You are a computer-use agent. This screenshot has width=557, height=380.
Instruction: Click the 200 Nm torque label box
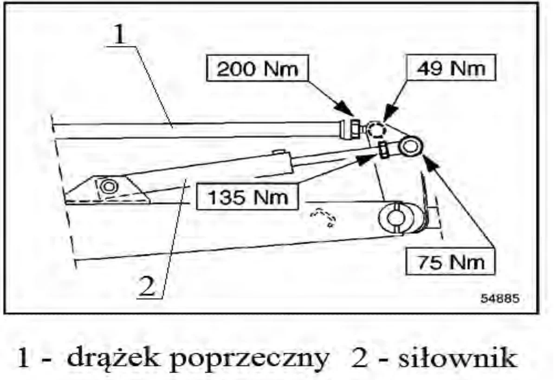(x=258, y=68)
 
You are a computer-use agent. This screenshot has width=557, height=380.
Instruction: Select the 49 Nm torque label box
(x=451, y=68)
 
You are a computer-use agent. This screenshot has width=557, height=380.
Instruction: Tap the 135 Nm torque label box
(x=248, y=197)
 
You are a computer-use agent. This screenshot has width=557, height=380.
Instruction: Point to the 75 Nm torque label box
(x=450, y=262)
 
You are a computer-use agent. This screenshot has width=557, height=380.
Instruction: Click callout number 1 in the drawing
(x=119, y=34)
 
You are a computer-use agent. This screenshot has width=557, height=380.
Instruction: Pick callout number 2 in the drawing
(x=147, y=286)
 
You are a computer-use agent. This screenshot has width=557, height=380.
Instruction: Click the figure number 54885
(x=500, y=298)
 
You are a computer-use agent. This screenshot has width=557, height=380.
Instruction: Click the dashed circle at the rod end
(x=376, y=130)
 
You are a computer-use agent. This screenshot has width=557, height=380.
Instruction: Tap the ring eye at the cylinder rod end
(x=410, y=146)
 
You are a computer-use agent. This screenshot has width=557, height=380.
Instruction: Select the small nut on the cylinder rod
(x=383, y=150)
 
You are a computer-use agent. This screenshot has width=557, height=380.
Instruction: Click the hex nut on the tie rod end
(x=355, y=129)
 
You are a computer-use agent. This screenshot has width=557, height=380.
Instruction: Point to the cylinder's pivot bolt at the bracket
(x=109, y=187)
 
